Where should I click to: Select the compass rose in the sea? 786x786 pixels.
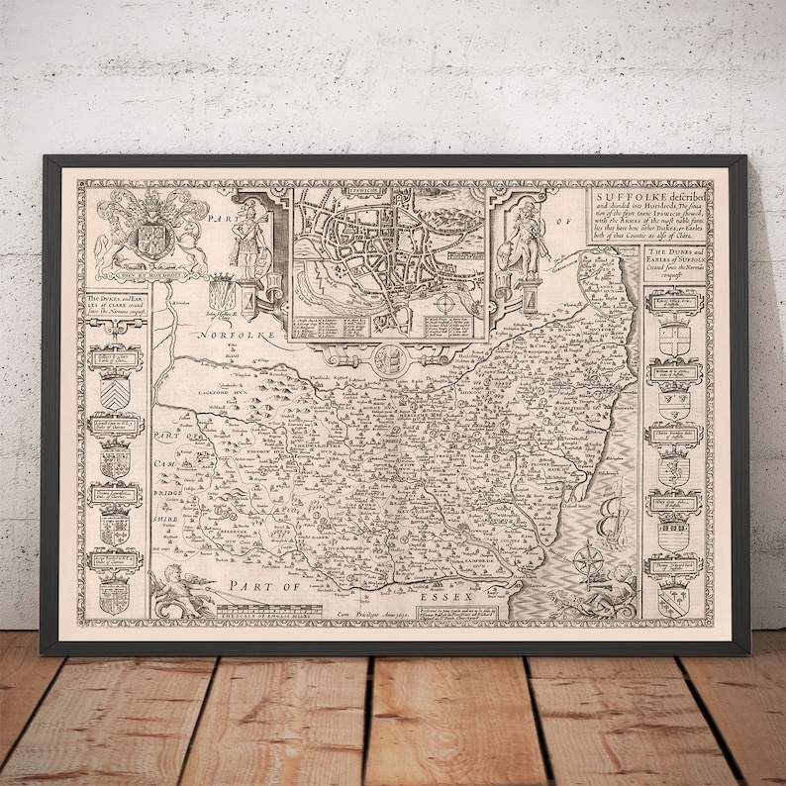tap(590, 559)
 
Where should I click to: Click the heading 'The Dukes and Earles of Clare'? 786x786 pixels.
tap(115, 308)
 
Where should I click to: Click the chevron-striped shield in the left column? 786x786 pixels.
tap(115, 396)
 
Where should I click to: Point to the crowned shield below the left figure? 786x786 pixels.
tap(224, 294)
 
